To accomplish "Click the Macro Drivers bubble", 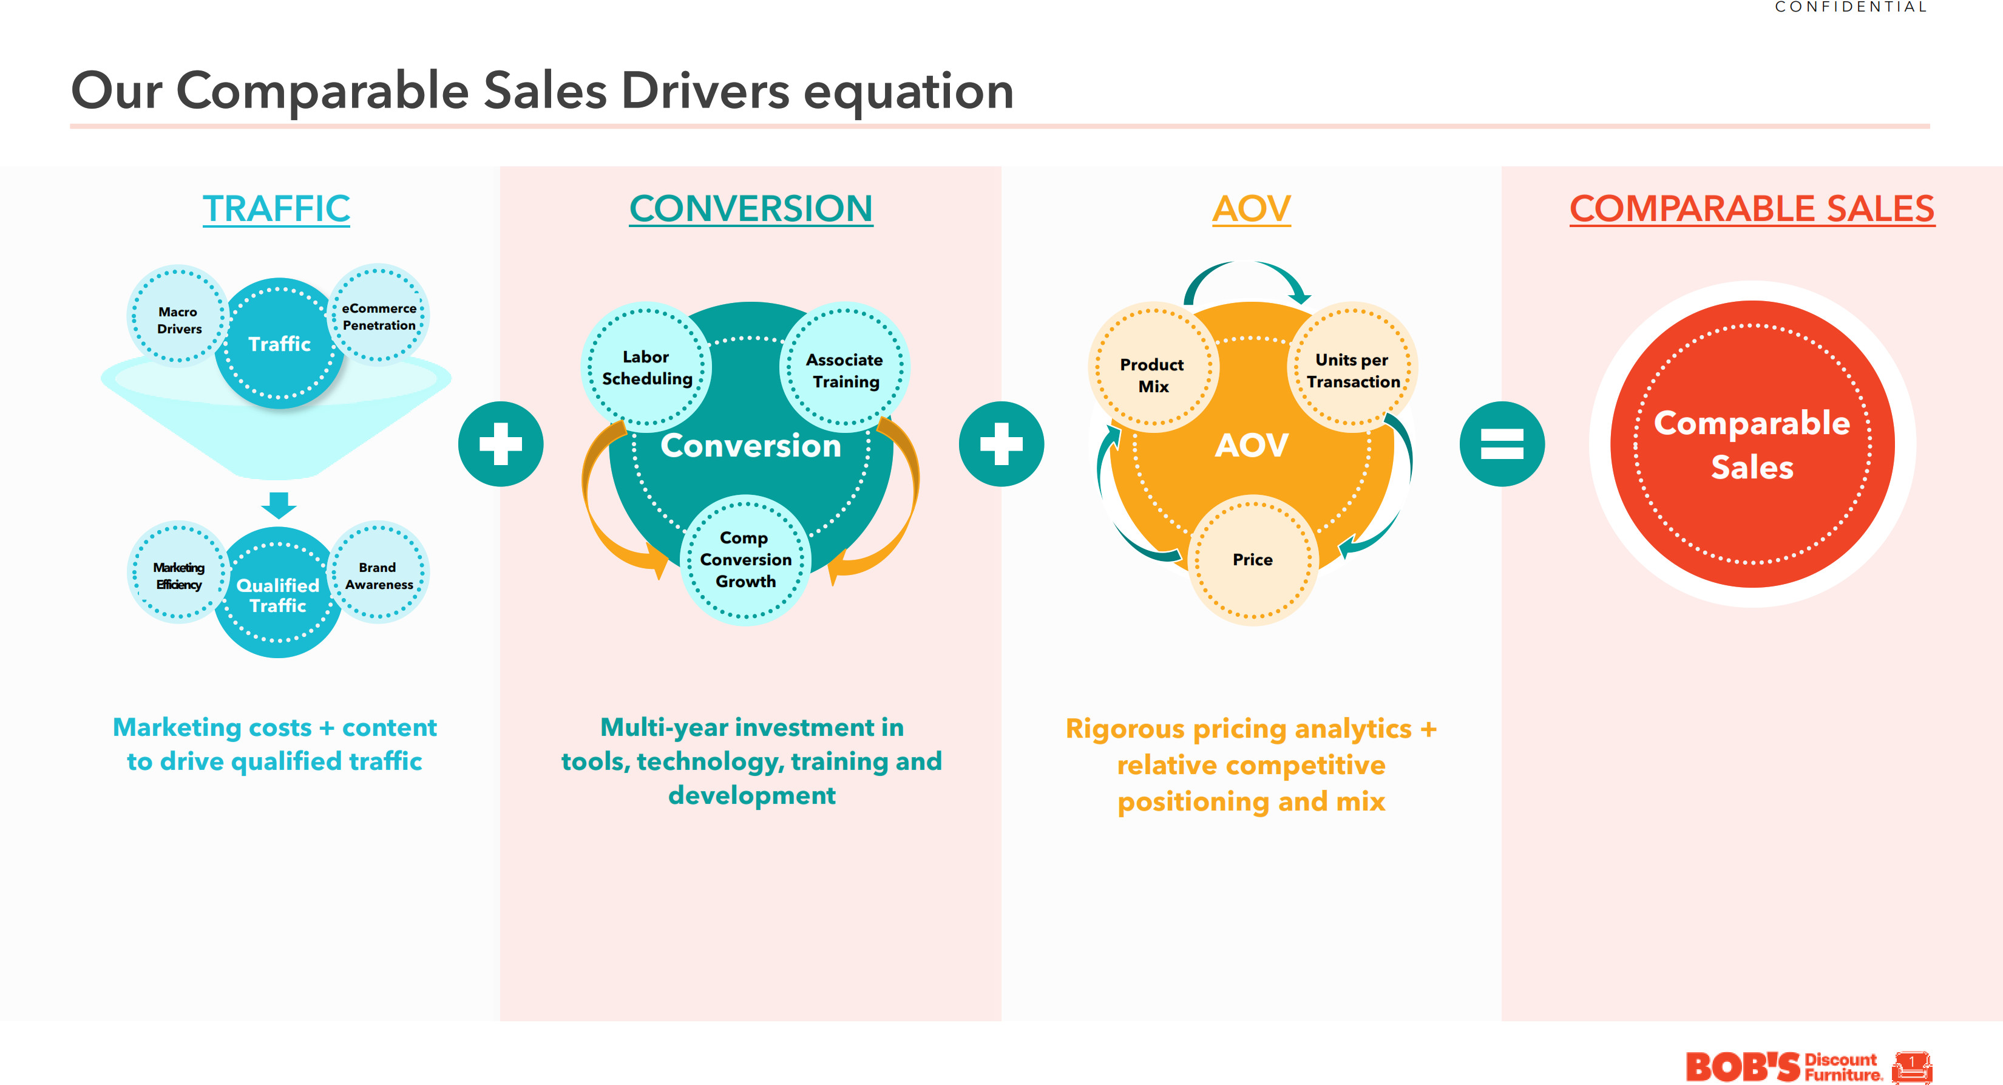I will click(178, 316).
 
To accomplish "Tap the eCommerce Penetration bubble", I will click(379, 315).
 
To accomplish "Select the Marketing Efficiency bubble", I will click(178, 574).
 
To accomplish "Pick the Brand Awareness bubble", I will click(379, 574).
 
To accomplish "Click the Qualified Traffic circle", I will click(277, 595).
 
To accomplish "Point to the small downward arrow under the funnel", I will click(279, 504).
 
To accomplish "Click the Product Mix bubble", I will click(1153, 374).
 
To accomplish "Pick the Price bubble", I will click(1253, 559).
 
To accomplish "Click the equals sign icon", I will click(1502, 444).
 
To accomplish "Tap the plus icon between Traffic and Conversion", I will click(501, 444).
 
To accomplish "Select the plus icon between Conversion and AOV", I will click(1001, 444).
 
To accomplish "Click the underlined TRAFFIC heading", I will click(276, 208).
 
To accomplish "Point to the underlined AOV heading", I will click(1251, 208).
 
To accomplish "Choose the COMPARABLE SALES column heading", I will click(1752, 208).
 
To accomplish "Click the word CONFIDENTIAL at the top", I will click(1850, 7).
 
